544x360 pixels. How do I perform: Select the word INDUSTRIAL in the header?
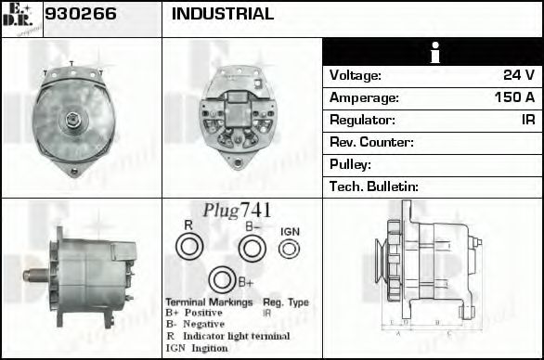[x=223, y=14]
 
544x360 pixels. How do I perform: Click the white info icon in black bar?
[x=432, y=52]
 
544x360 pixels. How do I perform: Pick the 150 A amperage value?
[x=514, y=97]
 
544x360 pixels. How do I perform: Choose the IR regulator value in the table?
[x=527, y=120]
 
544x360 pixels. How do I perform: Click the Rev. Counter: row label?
[x=371, y=142]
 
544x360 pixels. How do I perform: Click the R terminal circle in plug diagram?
[x=189, y=247]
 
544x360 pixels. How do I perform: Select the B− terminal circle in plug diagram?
[x=252, y=248]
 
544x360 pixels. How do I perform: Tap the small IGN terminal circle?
[x=290, y=248]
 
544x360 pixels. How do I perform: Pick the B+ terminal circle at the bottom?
[x=222, y=280]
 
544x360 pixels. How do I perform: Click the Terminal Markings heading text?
[x=208, y=302]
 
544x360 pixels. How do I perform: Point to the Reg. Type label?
[x=285, y=302]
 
